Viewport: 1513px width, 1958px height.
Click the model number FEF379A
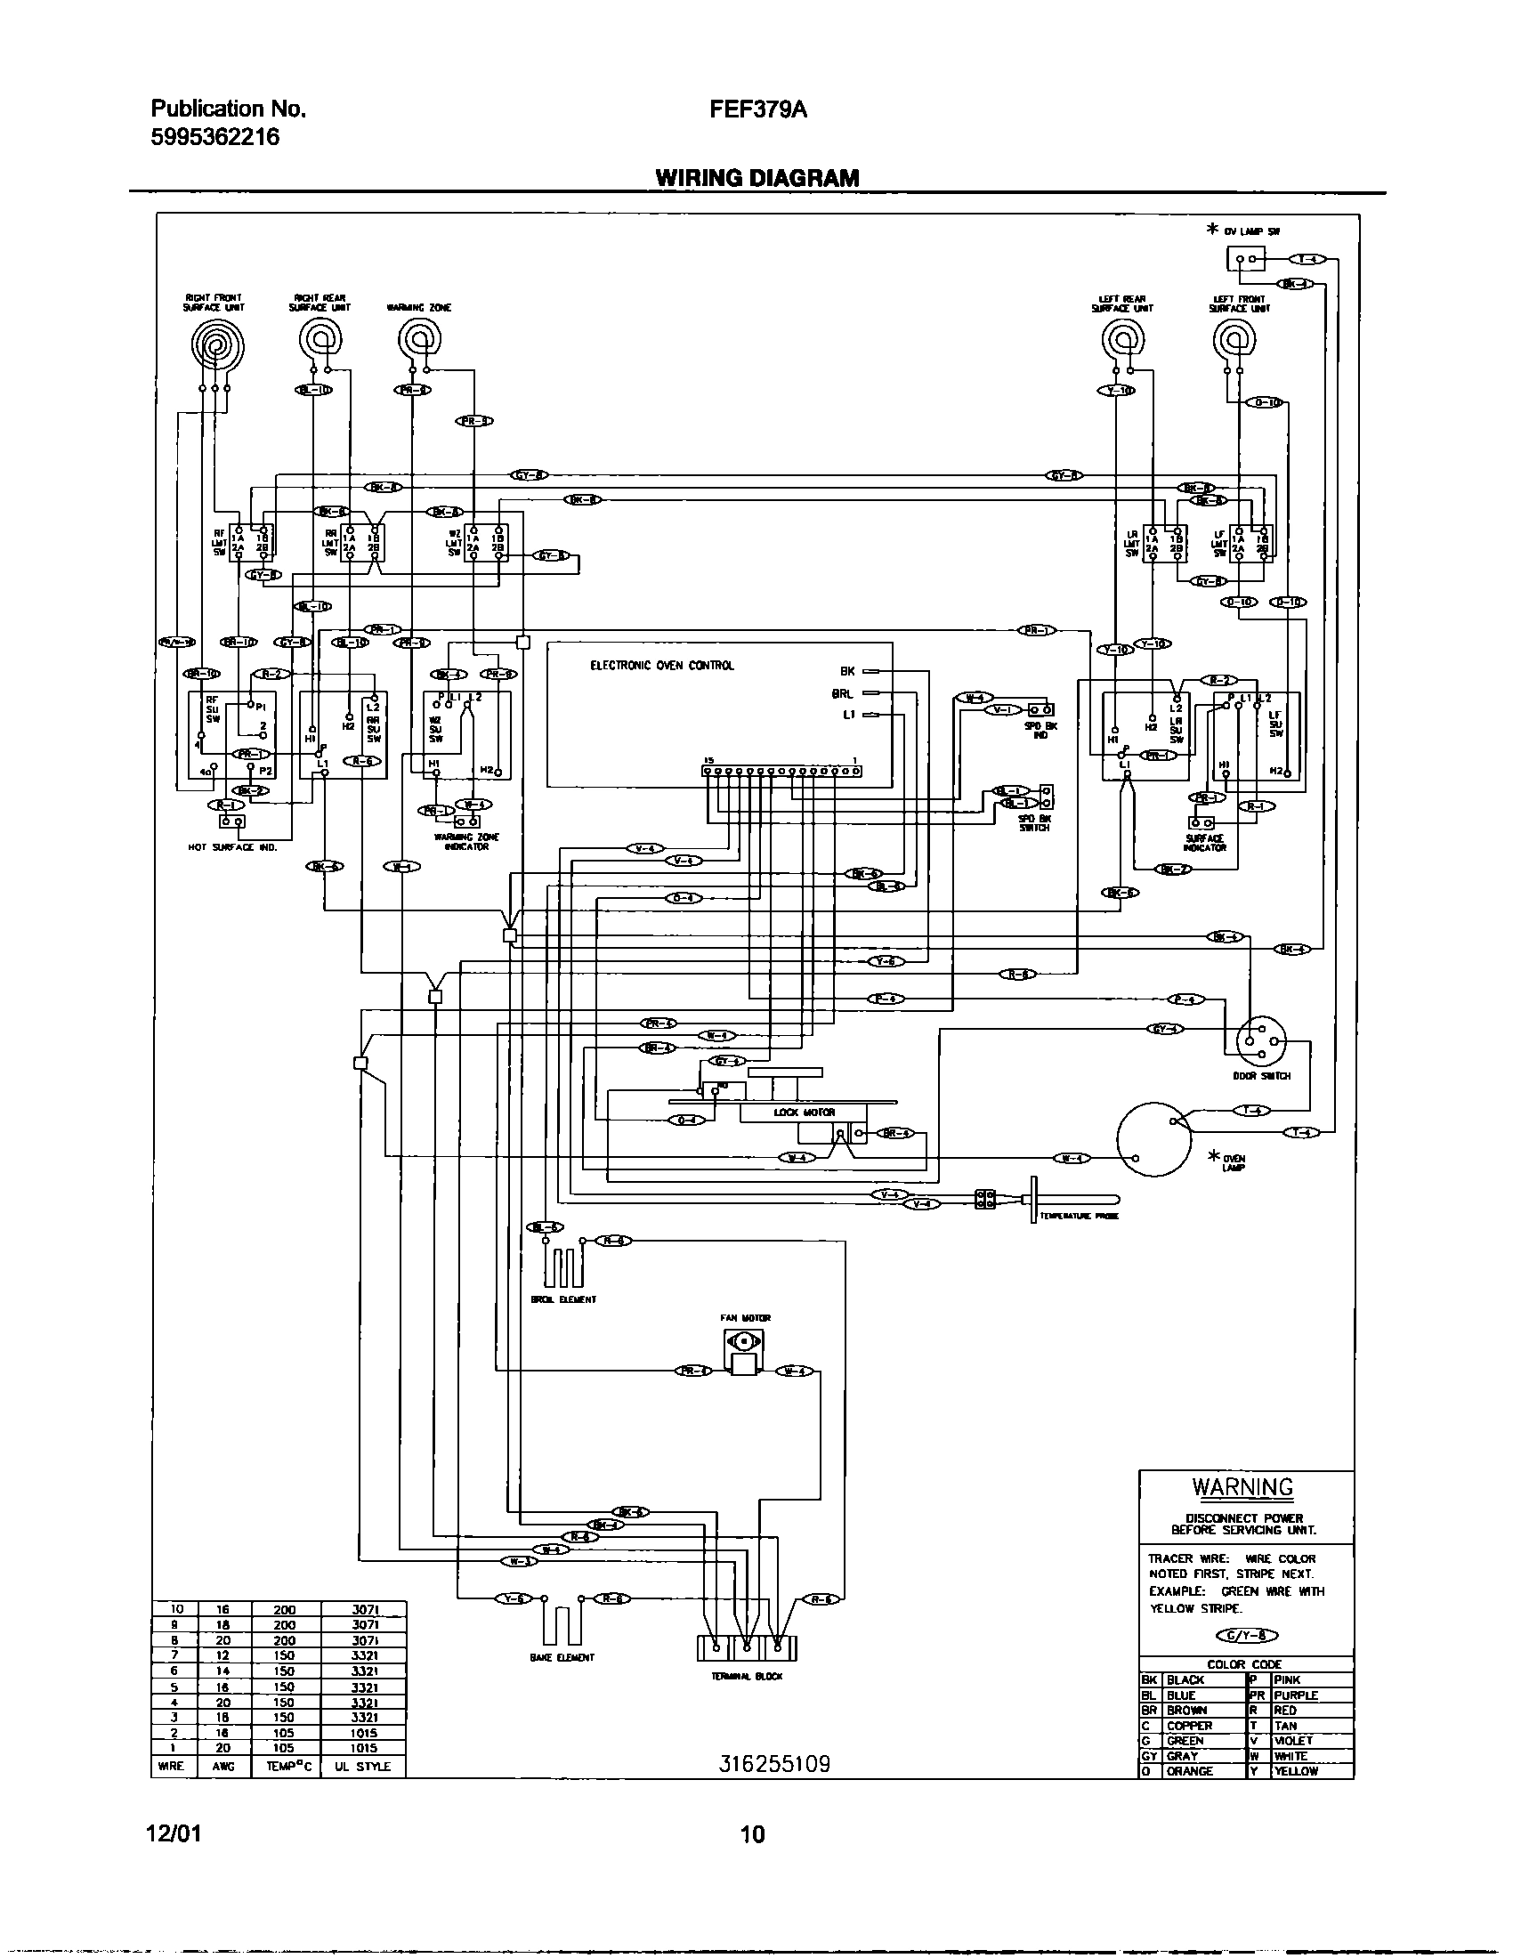pyautogui.click(x=758, y=109)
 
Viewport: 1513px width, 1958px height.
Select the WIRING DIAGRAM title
pyautogui.click(x=756, y=177)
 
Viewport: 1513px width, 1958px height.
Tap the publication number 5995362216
pyautogui.click(x=215, y=137)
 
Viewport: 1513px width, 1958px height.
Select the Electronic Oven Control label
pyautogui.click(x=661, y=665)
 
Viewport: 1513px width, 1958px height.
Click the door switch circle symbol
pyautogui.click(x=1260, y=1041)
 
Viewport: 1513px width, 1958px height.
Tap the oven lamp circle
pyautogui.click(x=1153, y=1138)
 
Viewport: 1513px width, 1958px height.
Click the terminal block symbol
pyautogui.click(x=746, y=1647)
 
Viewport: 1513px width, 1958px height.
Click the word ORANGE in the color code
pyautogui.click(x=1189, y=1770)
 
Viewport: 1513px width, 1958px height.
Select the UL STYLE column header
pyautogui.click(x=362, y=1765)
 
